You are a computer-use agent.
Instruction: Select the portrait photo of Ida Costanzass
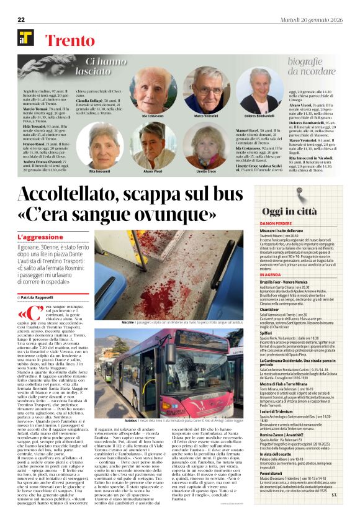pos(153,88)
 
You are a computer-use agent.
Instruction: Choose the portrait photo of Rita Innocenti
pos(103,145)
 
